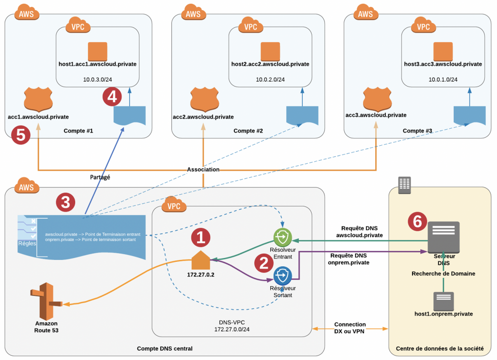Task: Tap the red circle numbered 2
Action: [264, 262]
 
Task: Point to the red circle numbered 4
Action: [112, 97]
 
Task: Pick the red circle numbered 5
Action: [21, 135]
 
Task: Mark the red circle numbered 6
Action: [417, 221]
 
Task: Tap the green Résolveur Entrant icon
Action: [282, 237]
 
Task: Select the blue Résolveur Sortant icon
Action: [282, 276]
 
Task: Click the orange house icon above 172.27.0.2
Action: [200, 260]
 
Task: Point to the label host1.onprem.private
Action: [443, 314]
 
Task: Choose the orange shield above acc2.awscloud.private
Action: [203, 100]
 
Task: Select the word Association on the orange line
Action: [203, 170]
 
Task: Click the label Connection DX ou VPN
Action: [349, 328]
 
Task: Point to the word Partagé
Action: [100, 177]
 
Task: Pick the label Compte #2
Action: [248, 131]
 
